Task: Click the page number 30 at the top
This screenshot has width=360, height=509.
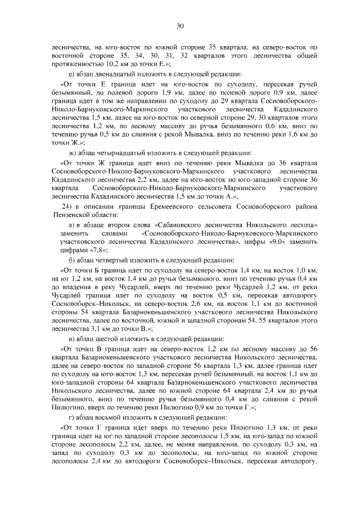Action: pyautogui.click(x=180, y=26)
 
